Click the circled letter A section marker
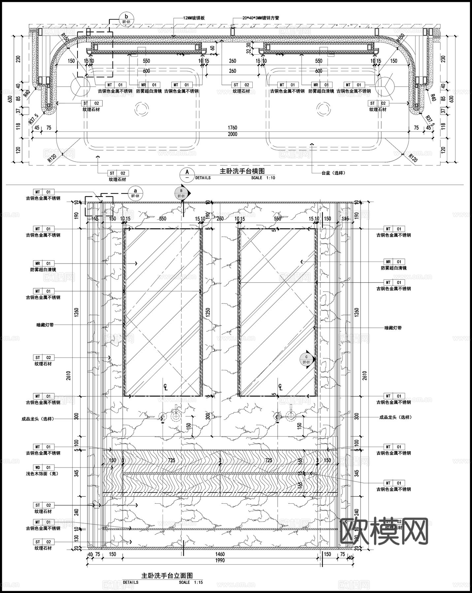click(187, 172)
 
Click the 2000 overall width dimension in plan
click(232, 134)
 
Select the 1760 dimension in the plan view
click(232, 128)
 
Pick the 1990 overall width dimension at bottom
click(220, 560)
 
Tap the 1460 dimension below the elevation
click(220, 554)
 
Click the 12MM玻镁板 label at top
click(194, 18)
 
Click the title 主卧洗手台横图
click(242, 171)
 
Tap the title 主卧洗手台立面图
click(167, 576)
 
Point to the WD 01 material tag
click(44, 467)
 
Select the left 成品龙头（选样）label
click(37, 419)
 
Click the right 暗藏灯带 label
click(393, 328)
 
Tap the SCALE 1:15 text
click(191, 582)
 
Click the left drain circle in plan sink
click(141, 109)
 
